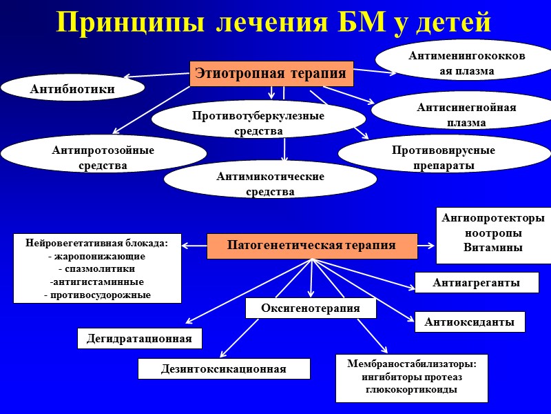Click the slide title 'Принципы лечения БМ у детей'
click(x=274, y=22)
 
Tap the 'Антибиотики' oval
click(x=72, y=88)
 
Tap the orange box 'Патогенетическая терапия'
click(x=311, y=245)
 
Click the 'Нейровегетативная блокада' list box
click(x=97, y=268)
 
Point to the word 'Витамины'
click(x=493, y=248)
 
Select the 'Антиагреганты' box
click(x=476, y=282)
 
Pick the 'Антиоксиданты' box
click(x=470, y=322)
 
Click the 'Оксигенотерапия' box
click(x=311, y=308)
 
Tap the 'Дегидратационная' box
click(x=139, y=338)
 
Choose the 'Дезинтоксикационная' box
click(x=224, y=369)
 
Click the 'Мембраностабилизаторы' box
click(x=412, y=377)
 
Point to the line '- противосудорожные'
click(x=97, y=295)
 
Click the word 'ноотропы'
click(x=493, y=233)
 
